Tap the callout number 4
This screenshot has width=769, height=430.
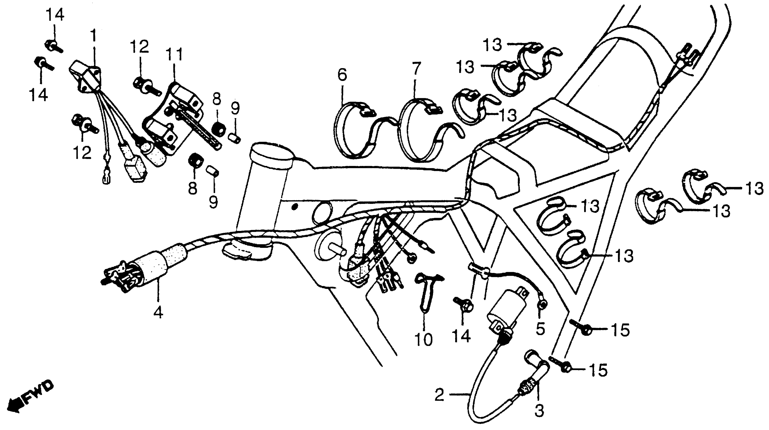[x=158, y=312]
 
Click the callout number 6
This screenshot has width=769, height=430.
[x=343, y=75]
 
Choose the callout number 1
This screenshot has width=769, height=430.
[x=93, y=35]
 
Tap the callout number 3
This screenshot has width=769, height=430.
[x=539, y=411]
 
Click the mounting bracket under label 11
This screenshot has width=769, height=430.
[x=173, y=119]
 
